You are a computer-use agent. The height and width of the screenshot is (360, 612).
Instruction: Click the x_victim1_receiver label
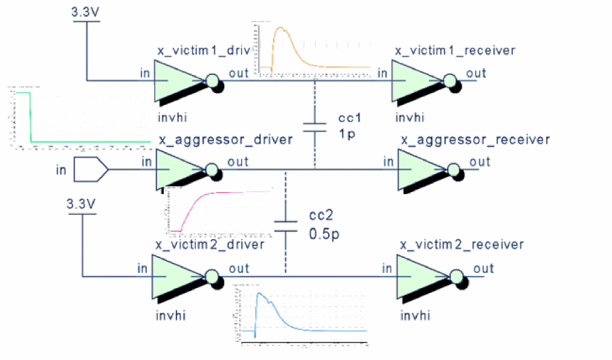point(455,50)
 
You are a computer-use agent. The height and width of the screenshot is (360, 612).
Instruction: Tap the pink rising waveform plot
point(219,210)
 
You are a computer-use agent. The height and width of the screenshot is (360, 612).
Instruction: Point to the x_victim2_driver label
point(210,245)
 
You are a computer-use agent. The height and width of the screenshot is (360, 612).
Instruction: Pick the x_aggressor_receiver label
point(475,140)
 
